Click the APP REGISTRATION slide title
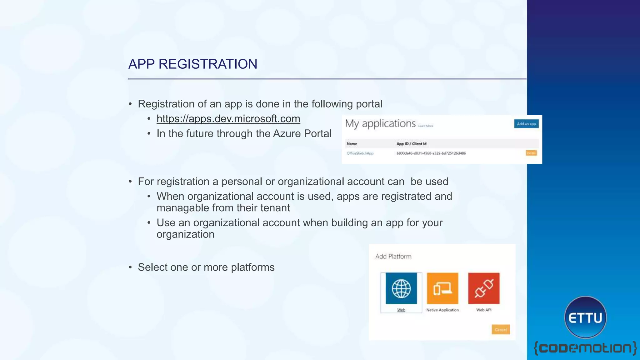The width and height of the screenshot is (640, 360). point(192,64)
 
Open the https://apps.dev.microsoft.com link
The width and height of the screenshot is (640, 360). point(228,119)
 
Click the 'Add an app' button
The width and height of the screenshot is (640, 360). point(526,124)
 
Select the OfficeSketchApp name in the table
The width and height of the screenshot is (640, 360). point(360,153)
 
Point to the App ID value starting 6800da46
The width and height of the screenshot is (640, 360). point(431,153)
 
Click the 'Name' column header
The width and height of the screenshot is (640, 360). point(352,144)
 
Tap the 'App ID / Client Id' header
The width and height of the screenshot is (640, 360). point(411,144)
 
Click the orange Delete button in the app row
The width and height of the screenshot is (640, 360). point(531,153)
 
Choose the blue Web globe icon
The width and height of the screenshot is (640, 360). point(401,288)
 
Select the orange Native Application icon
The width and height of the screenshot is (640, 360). point(442,288)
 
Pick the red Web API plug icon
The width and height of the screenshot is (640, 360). point(484,288)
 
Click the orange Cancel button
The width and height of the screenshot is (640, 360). point(501,330)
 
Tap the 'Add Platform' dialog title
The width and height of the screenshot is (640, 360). point(393,257)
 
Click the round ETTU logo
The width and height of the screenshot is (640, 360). point(585,317)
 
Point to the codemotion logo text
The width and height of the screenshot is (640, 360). point(585,348)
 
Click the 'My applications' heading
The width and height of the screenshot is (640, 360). point(380,124)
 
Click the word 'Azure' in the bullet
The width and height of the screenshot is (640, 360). point(287,134)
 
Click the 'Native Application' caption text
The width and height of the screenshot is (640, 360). point(442,310)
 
